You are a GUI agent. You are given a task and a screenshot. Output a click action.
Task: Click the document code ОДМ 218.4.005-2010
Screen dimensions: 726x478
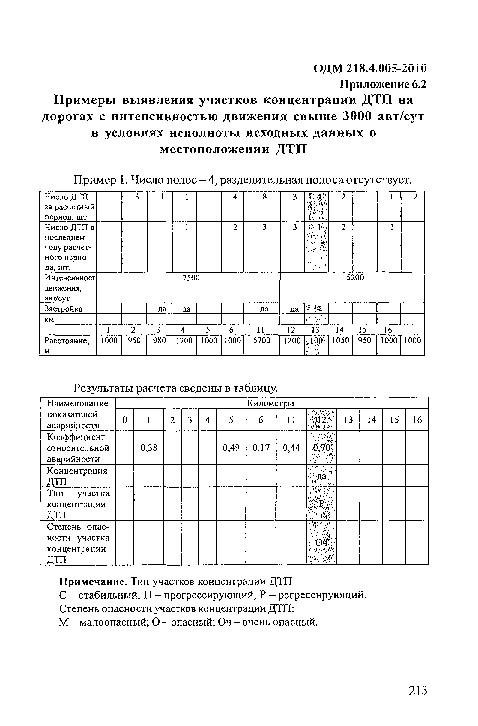[370, 68]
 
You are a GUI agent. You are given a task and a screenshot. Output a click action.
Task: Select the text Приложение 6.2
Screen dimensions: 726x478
[383, 84]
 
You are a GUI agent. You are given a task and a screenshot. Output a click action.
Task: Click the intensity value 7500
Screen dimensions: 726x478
[191, 278]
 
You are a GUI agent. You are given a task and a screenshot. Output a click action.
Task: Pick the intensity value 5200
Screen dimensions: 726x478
[355, 278]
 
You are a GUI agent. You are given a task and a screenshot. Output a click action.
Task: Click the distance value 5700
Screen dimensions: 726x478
[262, 340]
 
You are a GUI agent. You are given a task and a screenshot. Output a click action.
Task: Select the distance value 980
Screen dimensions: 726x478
[159, 340]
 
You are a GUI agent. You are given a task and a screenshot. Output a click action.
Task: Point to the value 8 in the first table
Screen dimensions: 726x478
[264, 197]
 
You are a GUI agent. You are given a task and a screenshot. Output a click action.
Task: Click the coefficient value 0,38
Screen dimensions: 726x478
[148, 448]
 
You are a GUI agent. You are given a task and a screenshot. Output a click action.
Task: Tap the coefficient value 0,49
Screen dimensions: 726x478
[231, 448]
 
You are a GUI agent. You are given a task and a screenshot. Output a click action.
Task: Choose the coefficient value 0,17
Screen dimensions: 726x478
[261, 448]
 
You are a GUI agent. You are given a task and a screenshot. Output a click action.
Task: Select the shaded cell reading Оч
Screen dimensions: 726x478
[321, 543]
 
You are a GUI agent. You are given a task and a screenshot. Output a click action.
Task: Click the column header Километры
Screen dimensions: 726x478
[270, 403]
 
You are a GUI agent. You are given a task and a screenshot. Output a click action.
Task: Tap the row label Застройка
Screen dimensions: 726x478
[64, 309]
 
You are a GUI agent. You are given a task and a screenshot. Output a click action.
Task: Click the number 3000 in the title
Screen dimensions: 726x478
[358, 116]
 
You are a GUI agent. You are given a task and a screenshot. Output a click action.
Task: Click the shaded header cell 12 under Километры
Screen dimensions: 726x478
[321, 420]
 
